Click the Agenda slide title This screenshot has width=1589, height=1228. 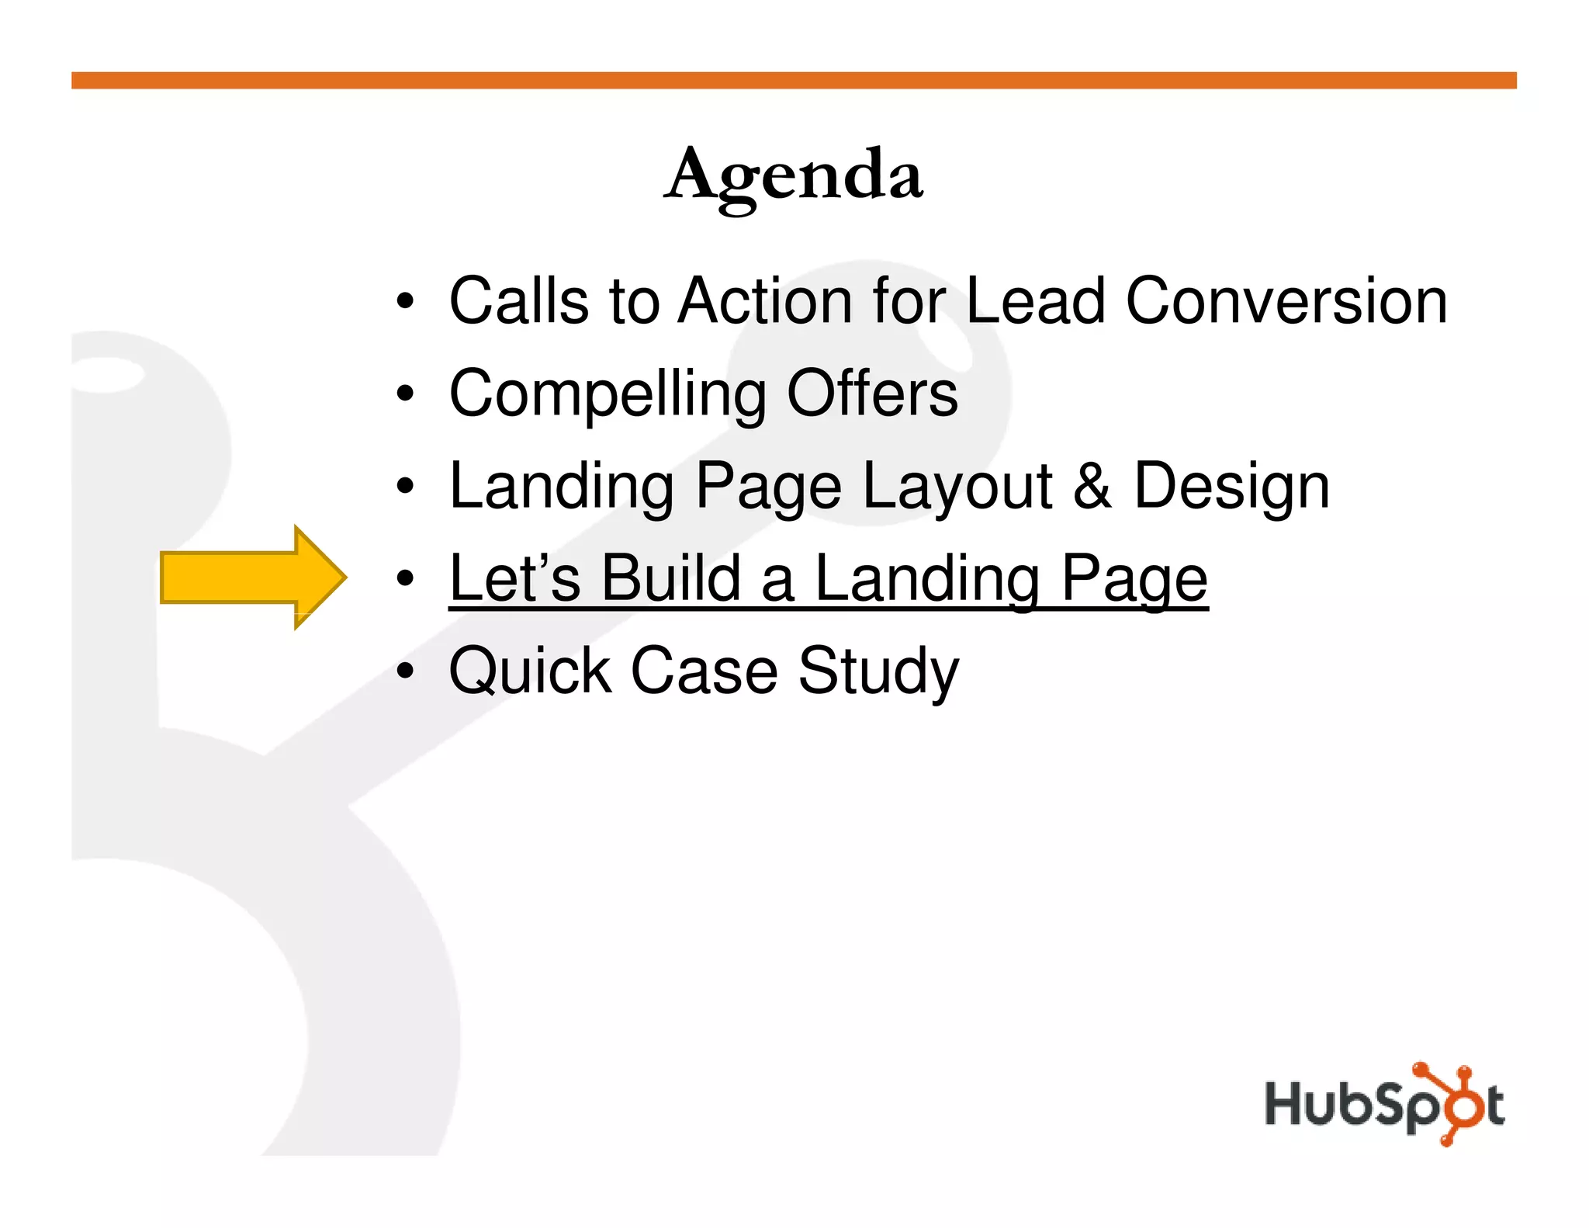pos(794,175)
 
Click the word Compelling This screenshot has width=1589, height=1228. pos(608,394)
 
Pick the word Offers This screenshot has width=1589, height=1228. pos(872,393)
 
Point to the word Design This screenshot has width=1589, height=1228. pos(1231,487)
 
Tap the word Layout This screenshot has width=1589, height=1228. pos(957,487)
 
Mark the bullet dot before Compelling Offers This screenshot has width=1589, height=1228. pos(404,394)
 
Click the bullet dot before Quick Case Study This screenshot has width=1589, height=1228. pos(404,671)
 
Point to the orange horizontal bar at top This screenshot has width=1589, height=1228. pos(794,81)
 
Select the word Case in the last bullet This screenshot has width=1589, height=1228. pos(704,671)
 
